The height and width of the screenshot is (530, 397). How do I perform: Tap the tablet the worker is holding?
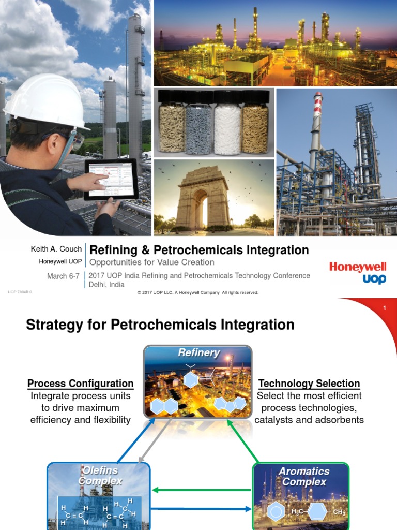(x=111, y=179)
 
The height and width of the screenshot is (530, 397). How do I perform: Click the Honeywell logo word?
(x=358, y=267)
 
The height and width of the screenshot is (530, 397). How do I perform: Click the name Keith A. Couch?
(x=56, y=249)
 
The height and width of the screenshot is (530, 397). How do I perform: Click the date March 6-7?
(x=64, y=276)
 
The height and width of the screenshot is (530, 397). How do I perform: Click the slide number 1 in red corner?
(x=385, y=308)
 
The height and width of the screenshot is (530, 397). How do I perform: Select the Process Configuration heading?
(x=81, y=384)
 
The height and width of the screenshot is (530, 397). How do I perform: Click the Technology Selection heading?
(x=309, y=384)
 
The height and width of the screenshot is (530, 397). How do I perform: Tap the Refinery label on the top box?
(x=198, y=353)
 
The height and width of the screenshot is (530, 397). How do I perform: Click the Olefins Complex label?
(x=100, y=476)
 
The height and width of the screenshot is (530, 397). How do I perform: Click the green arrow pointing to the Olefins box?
(x=202, y=490)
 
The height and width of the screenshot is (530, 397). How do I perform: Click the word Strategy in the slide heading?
(x=56, y=325)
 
